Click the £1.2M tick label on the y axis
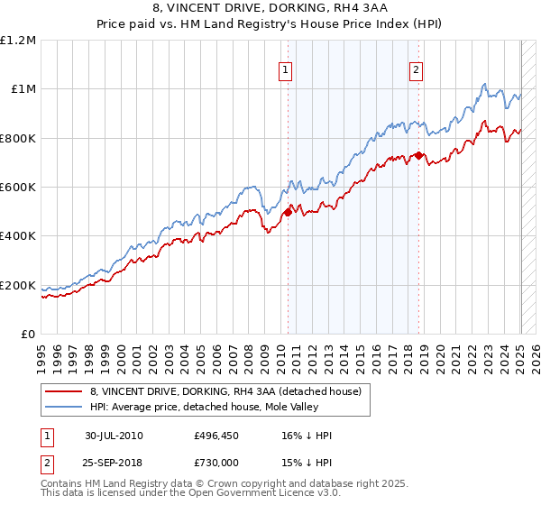pyautogui.click(x=18, y=41)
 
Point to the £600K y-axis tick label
pyautogui.click(x=18, y=188)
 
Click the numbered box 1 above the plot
pyautogui.click(x=286, y=71)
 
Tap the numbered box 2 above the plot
pyautogui.click(x=417, y=71)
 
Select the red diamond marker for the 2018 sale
pyautogui.click(x=418, y=155)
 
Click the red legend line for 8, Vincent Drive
pyautogui.click(x=62, y=391)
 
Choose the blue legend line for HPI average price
pyautogui.click(x=62, y=407)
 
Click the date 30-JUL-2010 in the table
pyautogui.click(x=114, y=436)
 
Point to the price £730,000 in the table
pyautogui.click(x=218, y=461)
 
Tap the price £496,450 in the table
pyautogui.click(x=218, y=436)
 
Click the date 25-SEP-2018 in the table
pyautogui.click(x=114, y=461)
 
